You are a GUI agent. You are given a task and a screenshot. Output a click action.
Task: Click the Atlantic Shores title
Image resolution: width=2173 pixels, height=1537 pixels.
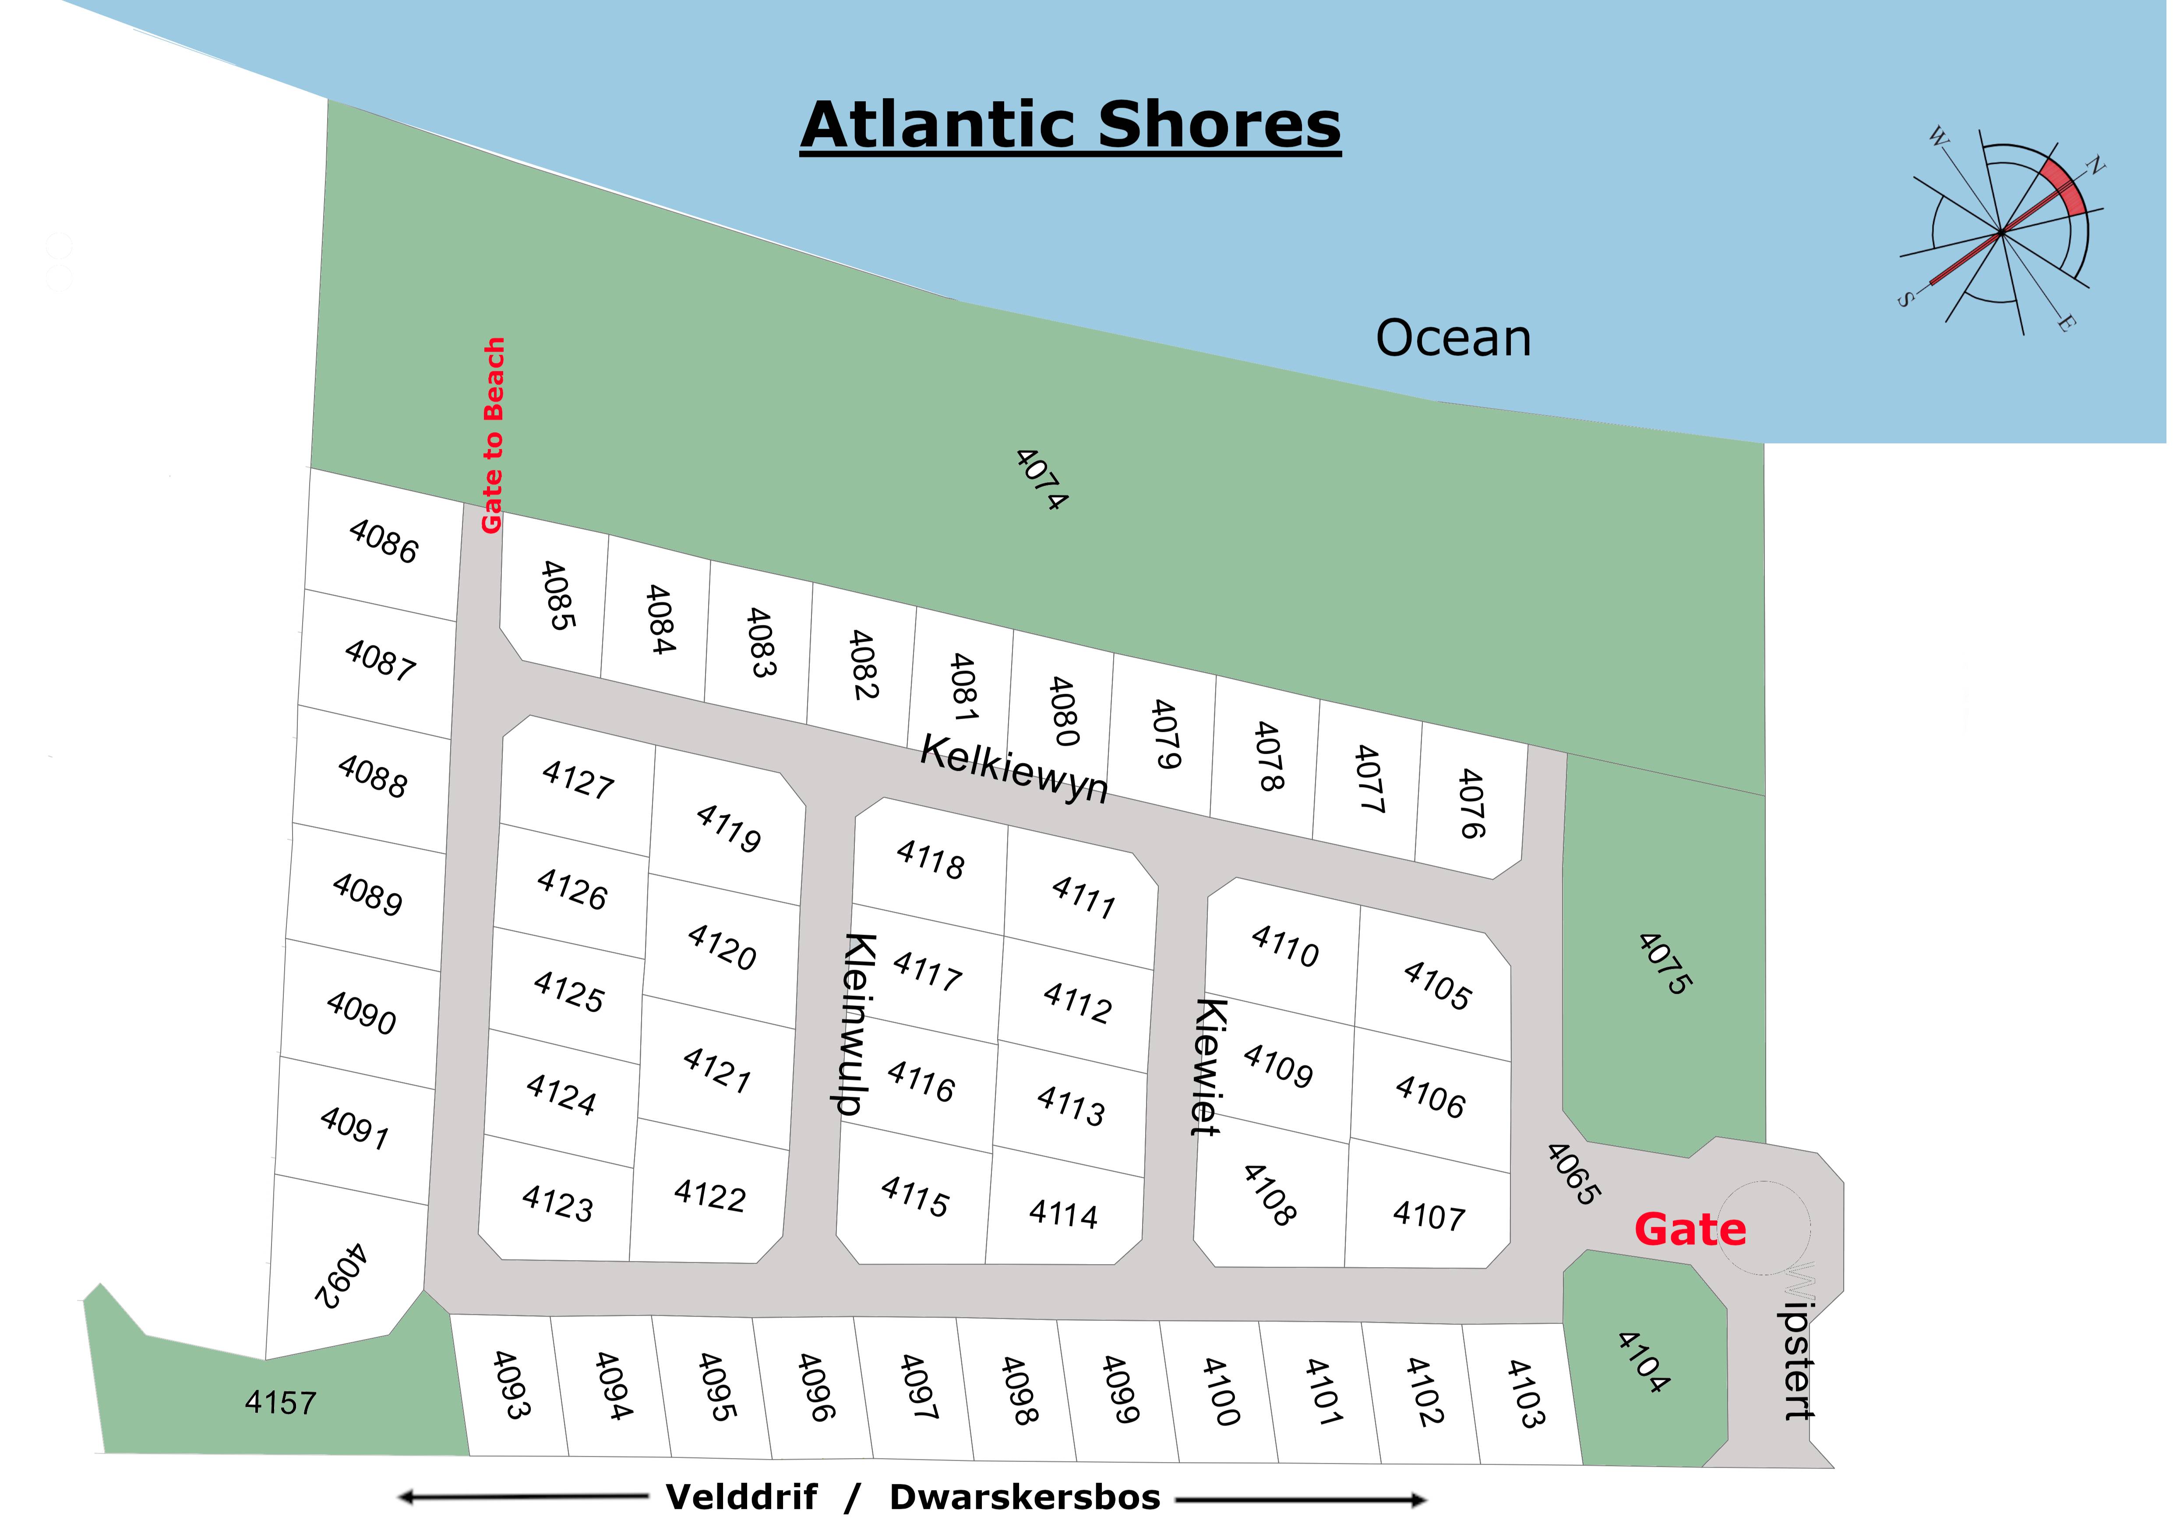click(x=1070, y=126)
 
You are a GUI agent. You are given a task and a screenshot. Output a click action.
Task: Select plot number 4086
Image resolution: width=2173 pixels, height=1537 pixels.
click(x=383, y=541)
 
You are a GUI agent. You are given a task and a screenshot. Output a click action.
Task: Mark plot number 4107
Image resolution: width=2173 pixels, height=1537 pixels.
click(x=1428, y=1214)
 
